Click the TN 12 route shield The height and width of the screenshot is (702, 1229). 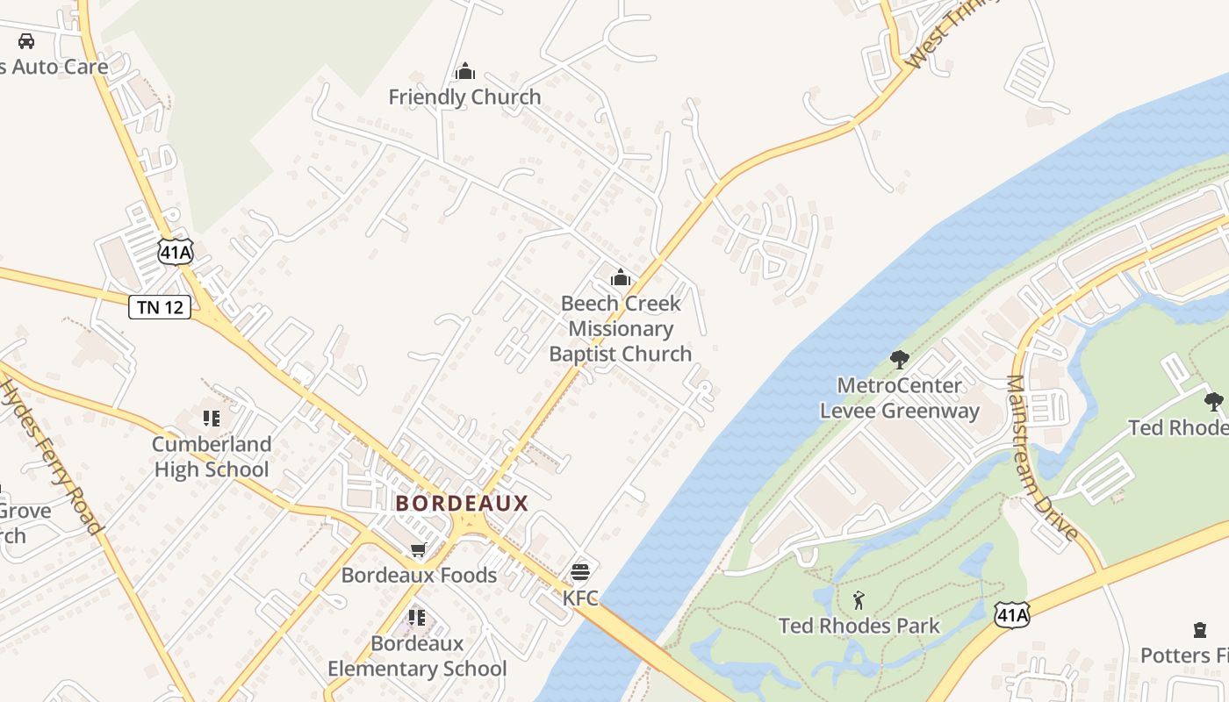point(160,307)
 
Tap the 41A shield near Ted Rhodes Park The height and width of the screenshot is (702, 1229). point(1011,614)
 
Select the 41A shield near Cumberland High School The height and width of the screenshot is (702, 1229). point(176,253)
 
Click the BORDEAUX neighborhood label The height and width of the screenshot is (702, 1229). point(462,504)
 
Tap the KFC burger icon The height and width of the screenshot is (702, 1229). point(579,573)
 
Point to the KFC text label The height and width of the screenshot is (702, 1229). point(580,598)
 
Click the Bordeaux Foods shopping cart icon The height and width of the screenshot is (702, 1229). point(419,550)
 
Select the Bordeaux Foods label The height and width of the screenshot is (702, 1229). point(419,576)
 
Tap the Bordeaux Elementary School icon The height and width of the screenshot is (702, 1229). point(417,618)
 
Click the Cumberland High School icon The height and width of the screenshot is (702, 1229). point(211,419)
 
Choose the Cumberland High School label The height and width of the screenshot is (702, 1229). point(212,456)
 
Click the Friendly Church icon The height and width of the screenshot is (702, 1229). point(465,71)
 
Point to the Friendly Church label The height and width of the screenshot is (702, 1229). point(465,97)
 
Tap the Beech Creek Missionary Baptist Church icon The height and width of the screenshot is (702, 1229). point(621,278)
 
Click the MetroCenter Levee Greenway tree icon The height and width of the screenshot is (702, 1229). point(899,359)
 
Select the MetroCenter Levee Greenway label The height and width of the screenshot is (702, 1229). point(899,398)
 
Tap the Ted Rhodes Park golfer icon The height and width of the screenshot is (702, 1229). point(859,601)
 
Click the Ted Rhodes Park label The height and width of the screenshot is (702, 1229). point(859,627)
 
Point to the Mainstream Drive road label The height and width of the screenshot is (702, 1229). point(1041,457)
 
